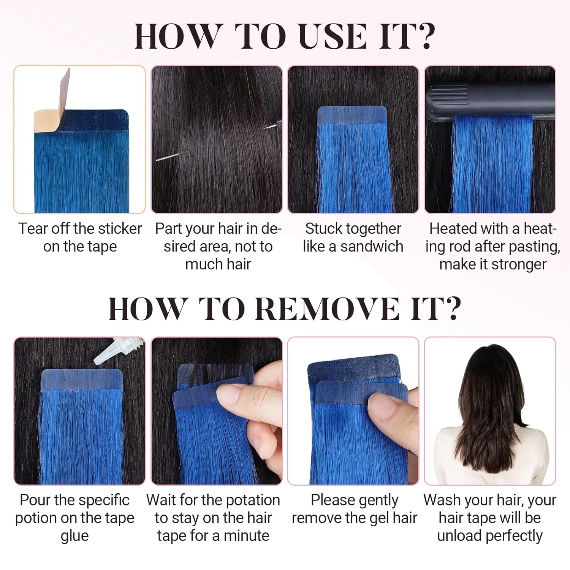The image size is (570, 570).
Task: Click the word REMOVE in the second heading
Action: point(326,309)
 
